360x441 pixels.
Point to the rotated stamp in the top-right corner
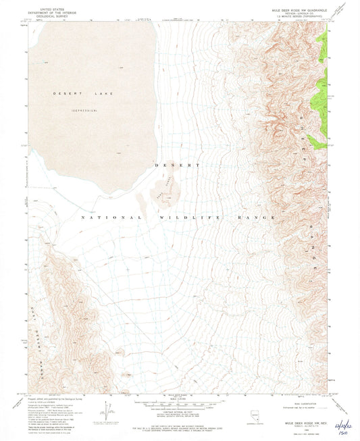(x=345, y=8)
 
